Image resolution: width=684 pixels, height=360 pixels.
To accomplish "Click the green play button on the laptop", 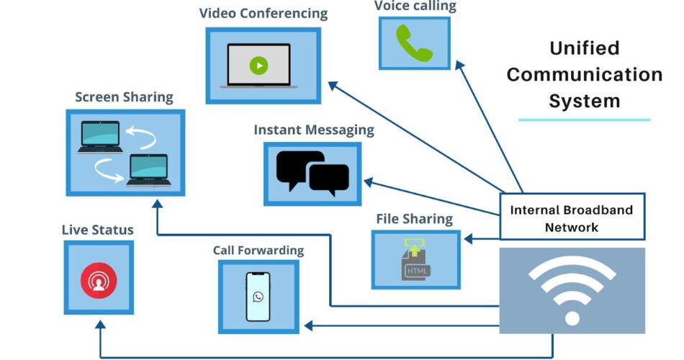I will (x=258, y=66).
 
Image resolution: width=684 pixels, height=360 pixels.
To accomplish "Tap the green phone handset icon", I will (x=414, y=43).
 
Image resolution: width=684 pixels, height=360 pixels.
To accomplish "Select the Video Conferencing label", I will (x=263, y=14).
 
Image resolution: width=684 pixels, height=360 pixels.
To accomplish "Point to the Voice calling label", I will (x=415, y=6).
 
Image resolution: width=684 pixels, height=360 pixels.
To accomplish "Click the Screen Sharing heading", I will (x=124, y=97).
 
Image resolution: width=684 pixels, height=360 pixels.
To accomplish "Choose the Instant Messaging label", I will (x=314, y=130).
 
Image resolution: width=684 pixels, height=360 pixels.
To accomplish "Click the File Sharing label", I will (x=414, y=219).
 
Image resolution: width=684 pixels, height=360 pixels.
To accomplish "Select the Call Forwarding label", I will (x=258, y=251).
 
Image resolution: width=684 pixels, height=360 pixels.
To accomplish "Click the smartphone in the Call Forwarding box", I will (x=258, y=296).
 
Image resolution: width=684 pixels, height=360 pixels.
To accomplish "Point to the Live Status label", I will (x=97, y=230).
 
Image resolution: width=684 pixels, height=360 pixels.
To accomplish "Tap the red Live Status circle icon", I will (x=99, y=280).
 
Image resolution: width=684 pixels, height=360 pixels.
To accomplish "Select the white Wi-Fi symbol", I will (x=572, y=289).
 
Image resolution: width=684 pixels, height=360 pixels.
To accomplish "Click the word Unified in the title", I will (x=585, y=48).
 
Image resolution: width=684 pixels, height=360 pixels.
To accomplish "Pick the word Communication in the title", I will (x=585, y=74).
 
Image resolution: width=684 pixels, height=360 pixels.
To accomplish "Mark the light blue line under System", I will (x=585, y=120).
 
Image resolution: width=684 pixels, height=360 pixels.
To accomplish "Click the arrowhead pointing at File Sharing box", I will (x=467, y=238).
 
